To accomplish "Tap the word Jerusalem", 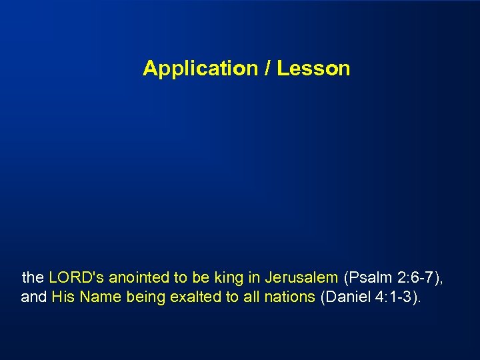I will (x=301, y=277).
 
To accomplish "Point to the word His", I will (x=63, y=297).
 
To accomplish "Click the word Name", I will (x=99, y=297).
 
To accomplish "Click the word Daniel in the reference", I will (x=344, y=297).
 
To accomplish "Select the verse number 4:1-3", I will (x=395, y=297).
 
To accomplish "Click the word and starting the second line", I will (x=33, y=297).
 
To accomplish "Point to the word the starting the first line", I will (x=33, y=277).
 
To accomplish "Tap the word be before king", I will (x=199, y=277).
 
